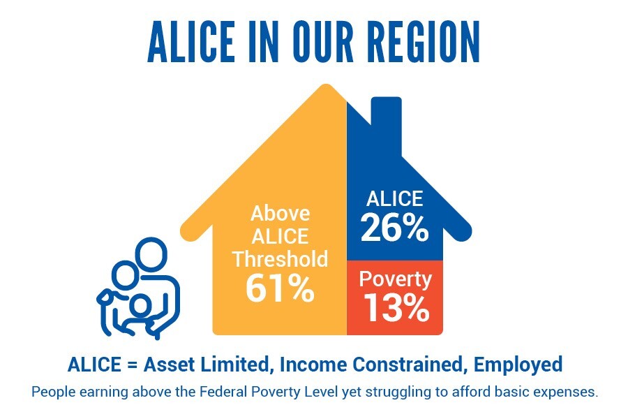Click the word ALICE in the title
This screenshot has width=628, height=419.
[191, 42]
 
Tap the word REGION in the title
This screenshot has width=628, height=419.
[424, 42]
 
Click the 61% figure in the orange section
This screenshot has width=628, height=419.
[280, 288]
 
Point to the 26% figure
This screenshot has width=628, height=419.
[394, 228]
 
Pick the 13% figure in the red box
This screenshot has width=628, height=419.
[396, 307]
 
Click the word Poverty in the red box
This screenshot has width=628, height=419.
[396, 279]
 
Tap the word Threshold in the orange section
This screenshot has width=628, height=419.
[280, 258]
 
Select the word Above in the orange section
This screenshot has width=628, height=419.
[280, 213]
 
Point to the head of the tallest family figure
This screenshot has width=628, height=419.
[151, 255]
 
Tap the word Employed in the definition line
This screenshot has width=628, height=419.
[518, 365]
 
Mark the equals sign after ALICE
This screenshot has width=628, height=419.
[132, 365]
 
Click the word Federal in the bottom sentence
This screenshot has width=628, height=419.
[218, 391]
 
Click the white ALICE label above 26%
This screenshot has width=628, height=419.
[394, 198]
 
